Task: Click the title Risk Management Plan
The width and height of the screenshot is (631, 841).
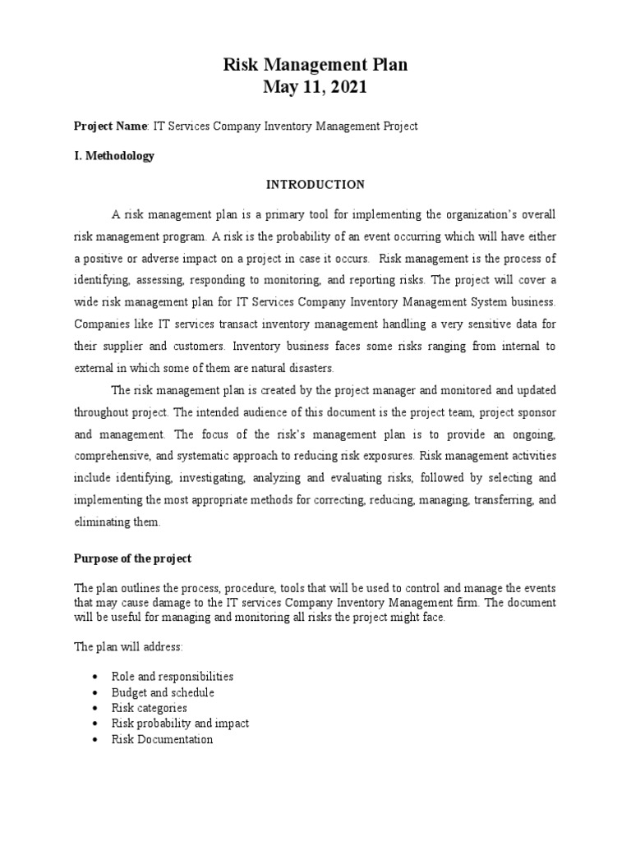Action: pyautogui.click(x=315, y=65)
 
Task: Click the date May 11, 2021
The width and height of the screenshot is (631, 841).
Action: pyautogui.click(x=315, y=87)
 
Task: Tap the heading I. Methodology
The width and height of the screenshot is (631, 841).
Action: pyautogui.click(x=114, y=155)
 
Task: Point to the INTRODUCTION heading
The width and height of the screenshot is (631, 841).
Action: pyautogui.click(x=315, y=185)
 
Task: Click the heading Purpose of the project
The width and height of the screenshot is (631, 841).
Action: pyautogui.click(x=132, y=558)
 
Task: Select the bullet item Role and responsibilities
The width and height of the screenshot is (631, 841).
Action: pyautogui.click(x=173, y=677)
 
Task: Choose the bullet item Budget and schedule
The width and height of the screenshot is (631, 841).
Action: pyautogui.click(x=163, y=692)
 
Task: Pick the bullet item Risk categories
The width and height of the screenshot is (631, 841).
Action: pyautogui.click(x=149, y=708)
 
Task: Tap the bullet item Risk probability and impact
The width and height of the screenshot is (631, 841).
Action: pyautogui.click(x=180, y=724)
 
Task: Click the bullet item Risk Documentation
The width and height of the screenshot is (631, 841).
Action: pyautogui.click(x=162, y=739)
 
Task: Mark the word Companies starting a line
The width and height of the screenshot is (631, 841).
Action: pyautogui.click(x=100, y=324)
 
